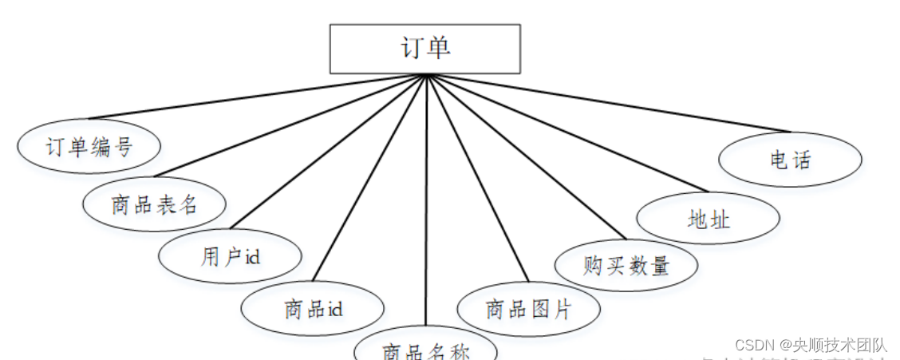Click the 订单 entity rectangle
coord(425,49)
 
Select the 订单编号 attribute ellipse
coord(89,146)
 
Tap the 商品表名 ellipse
coord(154,204)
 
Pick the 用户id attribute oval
coord(231,256)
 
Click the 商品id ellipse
coord(313,308)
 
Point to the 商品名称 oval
coord(425,348)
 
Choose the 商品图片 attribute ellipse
coord(528,308)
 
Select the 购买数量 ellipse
coord(626,265)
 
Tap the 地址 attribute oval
coord(708,218)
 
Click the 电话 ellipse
coord(790,160)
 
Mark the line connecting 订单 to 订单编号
coord(255,97)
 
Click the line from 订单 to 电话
coord(606,104)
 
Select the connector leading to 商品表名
coord(291,125)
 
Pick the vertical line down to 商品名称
coord(426,200)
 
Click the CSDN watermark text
coord(810,345)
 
